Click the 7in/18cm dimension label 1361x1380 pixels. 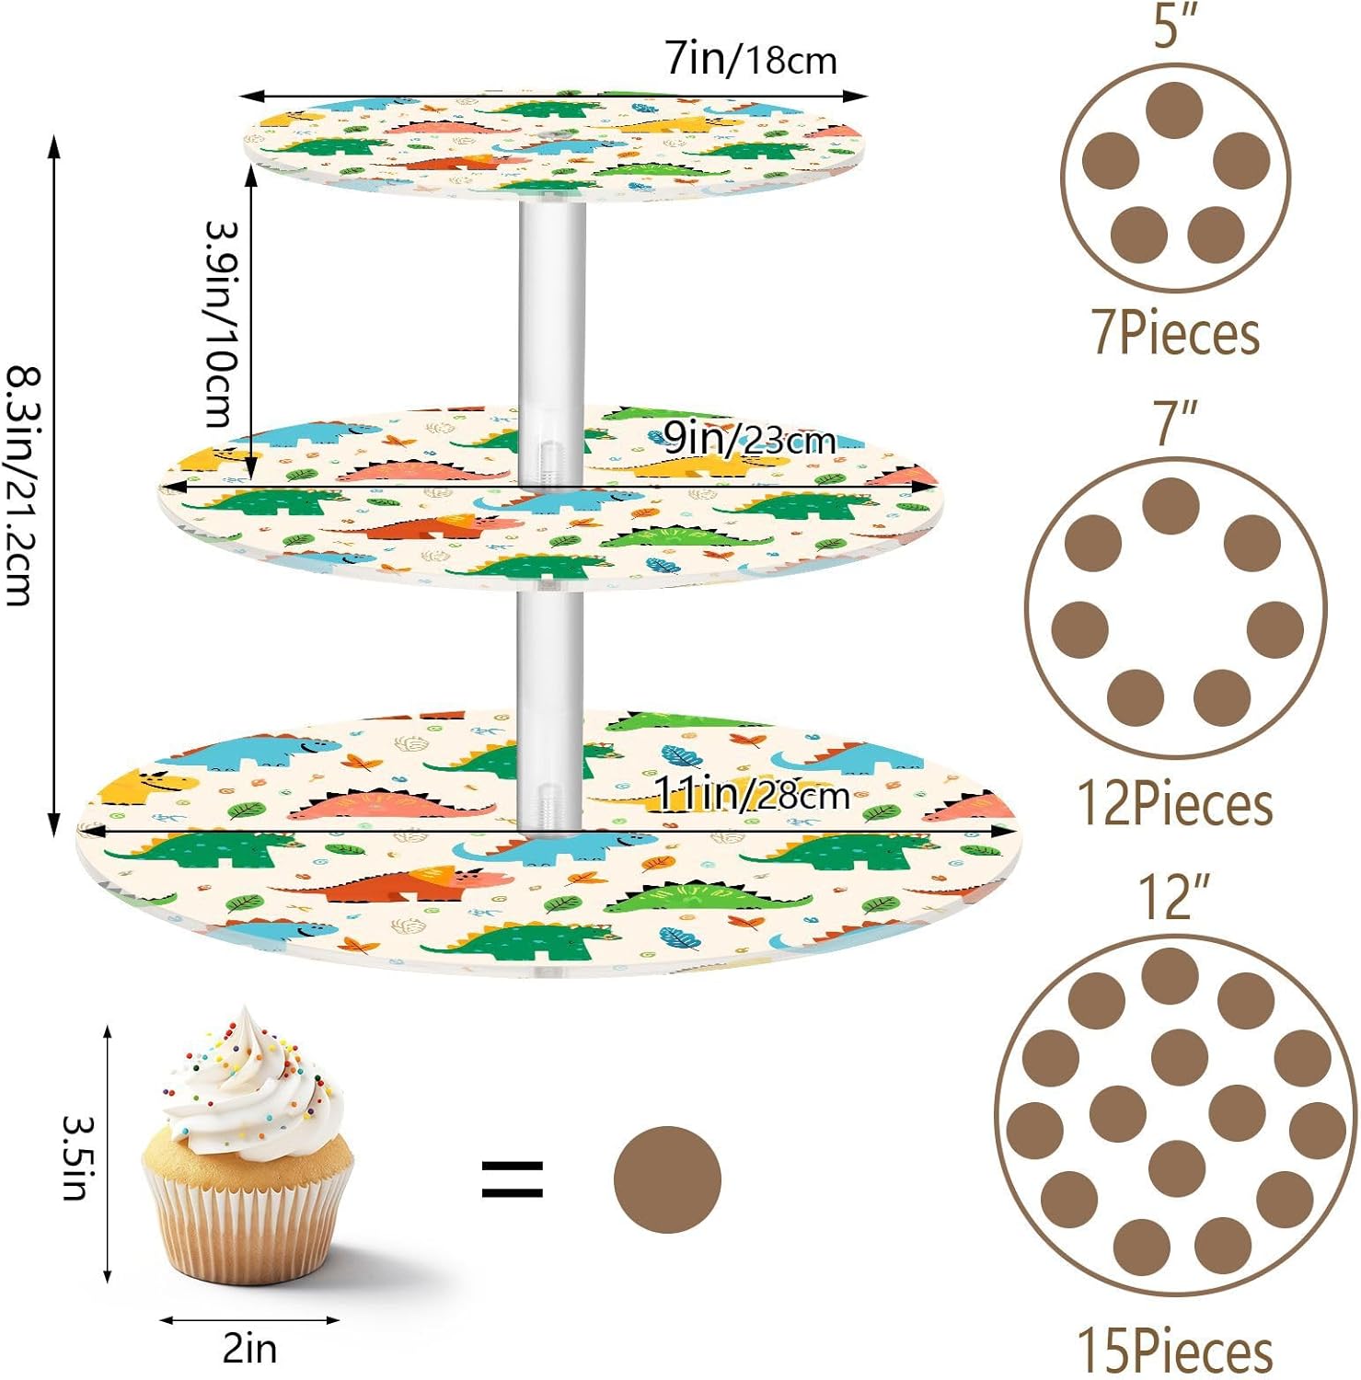[x=751, y=60]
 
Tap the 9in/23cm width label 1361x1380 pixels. [x=749, y=440]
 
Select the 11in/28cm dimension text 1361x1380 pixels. [x=751, y=793]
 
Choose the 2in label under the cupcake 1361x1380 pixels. [x=249, y=1349]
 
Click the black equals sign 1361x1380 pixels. [x=513, y=1179]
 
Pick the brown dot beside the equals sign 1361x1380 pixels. [x=667, y=1179]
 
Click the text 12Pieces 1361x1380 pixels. [x=1175, y=803]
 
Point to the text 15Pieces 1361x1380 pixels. [x=1175, y=1351]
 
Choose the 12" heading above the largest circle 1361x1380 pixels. [x=1173, y=896]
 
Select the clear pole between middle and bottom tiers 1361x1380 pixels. [x=549, y=708]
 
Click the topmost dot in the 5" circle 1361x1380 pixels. [x=1175, y=110]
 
